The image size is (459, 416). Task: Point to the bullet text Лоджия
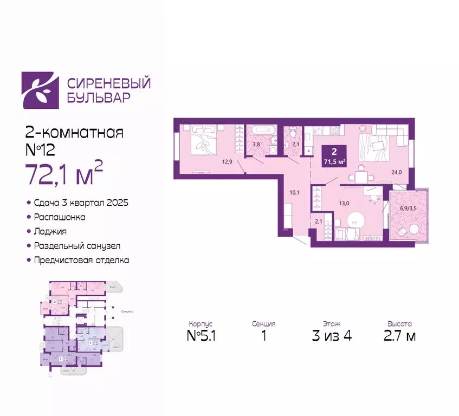coord(49,231)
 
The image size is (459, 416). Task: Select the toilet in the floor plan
coord(292,133)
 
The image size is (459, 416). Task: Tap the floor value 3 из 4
coord(332,336)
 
